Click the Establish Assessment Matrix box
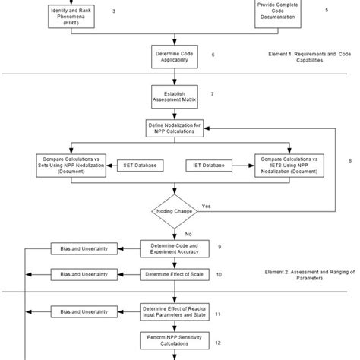(x=177, y=96)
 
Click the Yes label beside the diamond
(x=207, y=206)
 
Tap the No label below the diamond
(x=187, y=235)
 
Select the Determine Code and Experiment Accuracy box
(x=177, y=248)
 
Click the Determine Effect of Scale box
(x=177, y=273)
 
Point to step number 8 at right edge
(x=349, y=161)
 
